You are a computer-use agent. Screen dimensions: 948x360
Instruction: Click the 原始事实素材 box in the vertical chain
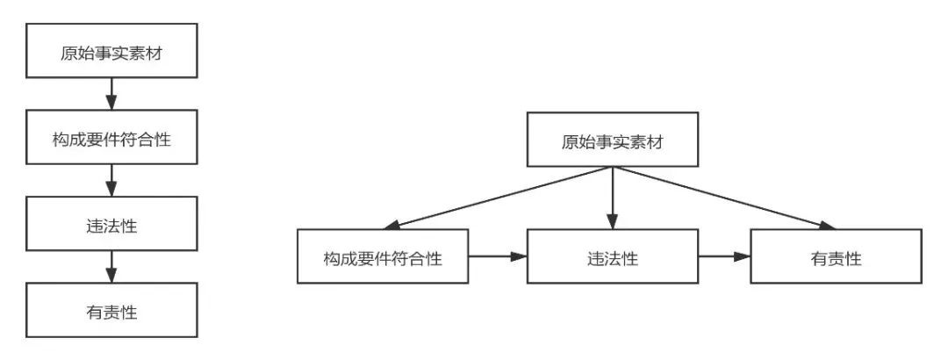click(x=111, y=51)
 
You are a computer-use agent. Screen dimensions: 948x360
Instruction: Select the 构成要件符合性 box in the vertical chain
click(x=111, y=137)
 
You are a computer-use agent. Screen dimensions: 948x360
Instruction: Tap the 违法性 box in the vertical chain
click(x=111, y=223)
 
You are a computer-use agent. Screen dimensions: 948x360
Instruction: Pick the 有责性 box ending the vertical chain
click(x=111, y=310)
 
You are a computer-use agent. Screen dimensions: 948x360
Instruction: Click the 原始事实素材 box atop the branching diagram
click(x=613, y=139)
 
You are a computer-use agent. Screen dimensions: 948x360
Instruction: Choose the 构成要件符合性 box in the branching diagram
click(x=383, y=256)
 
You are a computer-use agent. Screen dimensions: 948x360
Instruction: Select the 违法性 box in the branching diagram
click(x=613, y=256)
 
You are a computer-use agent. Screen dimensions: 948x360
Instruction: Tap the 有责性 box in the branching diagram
click(x=837, y=256)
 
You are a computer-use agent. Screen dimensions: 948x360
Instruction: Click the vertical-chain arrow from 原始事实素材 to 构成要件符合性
click(x=111, y=94)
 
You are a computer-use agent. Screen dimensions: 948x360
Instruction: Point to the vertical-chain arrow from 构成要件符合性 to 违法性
click(x=111, y=180)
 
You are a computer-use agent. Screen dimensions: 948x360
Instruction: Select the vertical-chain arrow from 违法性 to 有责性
click(x=111, y=267)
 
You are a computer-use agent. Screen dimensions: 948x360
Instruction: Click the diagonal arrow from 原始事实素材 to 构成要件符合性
click(x=496, y=198)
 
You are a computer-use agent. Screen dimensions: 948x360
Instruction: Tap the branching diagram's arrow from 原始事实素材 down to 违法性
click(x=613, y=198)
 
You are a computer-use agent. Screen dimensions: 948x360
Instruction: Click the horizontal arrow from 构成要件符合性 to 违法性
click(x=498, y=256)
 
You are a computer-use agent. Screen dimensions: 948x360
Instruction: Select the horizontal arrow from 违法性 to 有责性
click(x=724, y=256)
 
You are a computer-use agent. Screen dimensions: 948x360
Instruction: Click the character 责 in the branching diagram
click(x=837, y=259)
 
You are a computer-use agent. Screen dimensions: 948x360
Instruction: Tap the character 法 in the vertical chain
click(x=111, y=227)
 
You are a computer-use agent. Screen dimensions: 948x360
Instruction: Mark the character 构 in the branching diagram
click(x=331, y=259)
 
